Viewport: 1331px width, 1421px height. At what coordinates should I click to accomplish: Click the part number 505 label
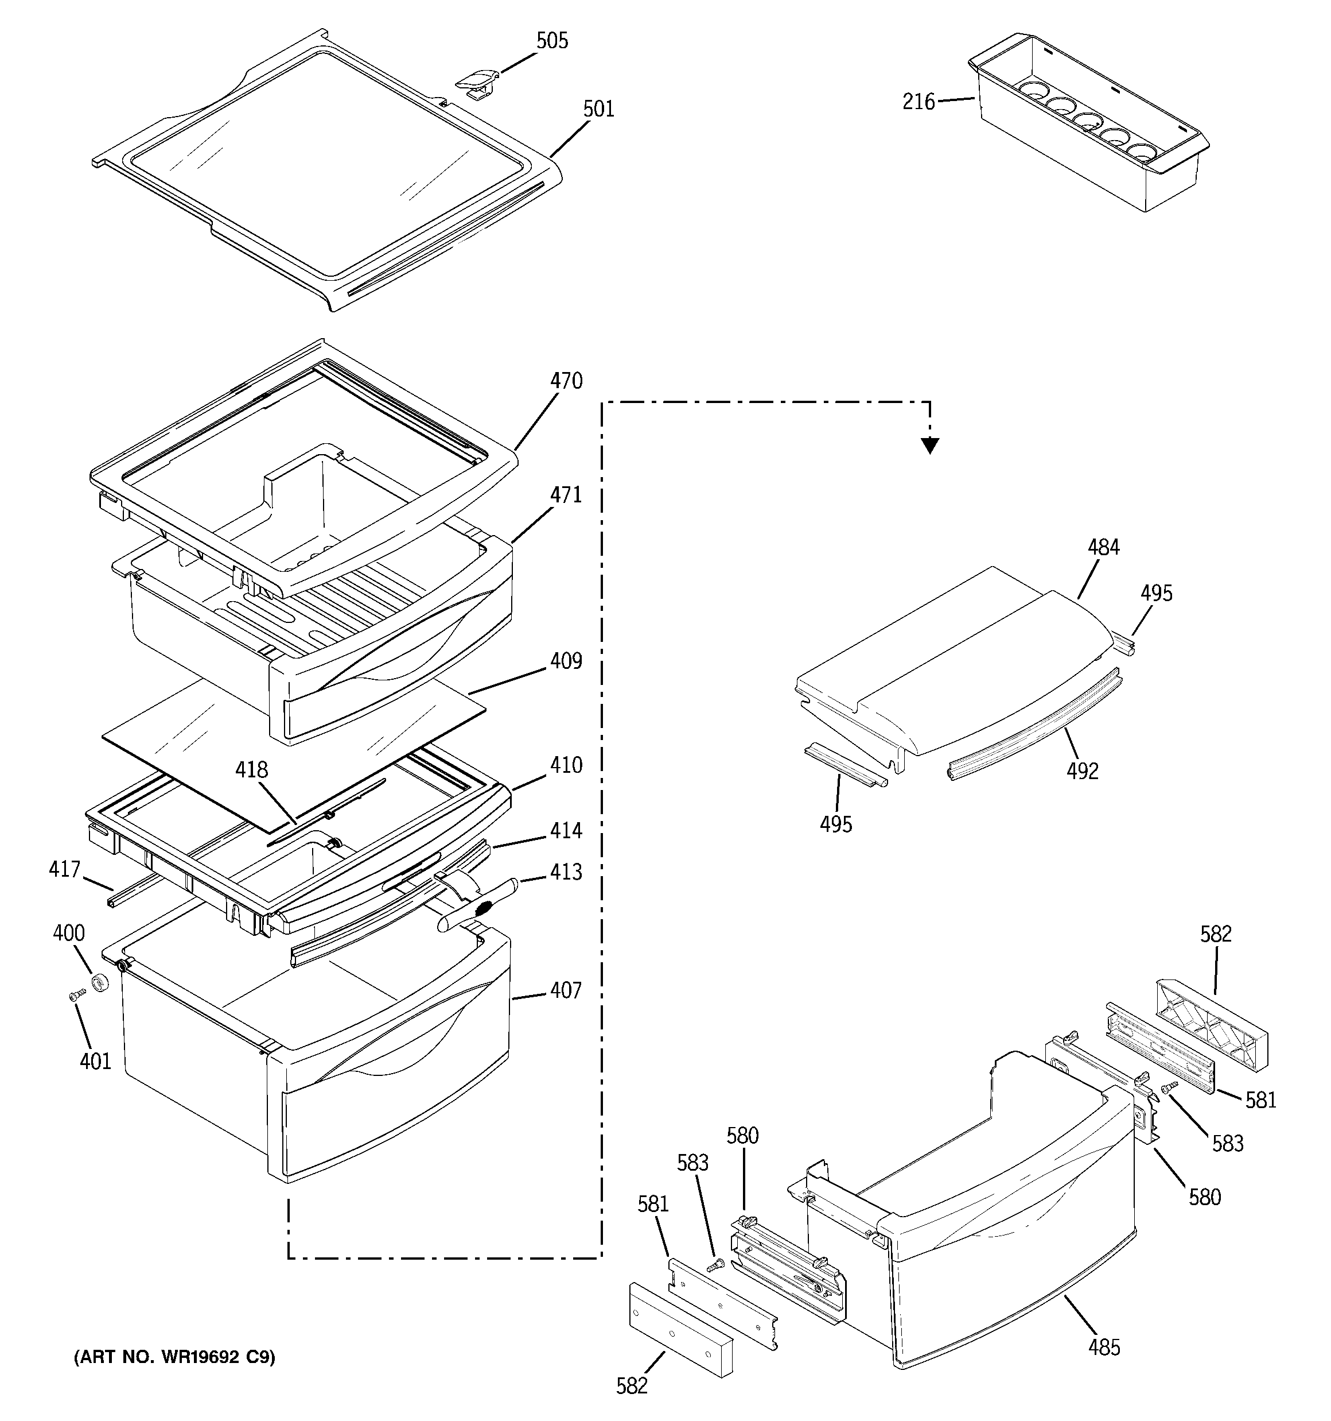coord(552,41)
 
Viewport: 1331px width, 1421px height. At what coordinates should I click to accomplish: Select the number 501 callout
coord(598,109)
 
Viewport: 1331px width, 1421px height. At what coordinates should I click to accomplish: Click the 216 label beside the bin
coord(918,103)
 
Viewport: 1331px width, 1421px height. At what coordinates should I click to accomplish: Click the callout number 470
coord(566,381)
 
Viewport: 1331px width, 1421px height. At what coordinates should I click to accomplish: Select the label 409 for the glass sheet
coord(566,661)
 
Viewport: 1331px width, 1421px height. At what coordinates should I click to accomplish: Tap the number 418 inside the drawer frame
coord(251,770)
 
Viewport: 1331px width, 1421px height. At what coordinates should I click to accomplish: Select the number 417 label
coord(64,870)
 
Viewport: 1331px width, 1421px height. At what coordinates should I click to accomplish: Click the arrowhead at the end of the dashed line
coord(929,446)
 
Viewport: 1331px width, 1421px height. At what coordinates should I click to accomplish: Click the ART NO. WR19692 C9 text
coord(174,1357)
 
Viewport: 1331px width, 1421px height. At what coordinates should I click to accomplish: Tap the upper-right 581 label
coord(1260,1099)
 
